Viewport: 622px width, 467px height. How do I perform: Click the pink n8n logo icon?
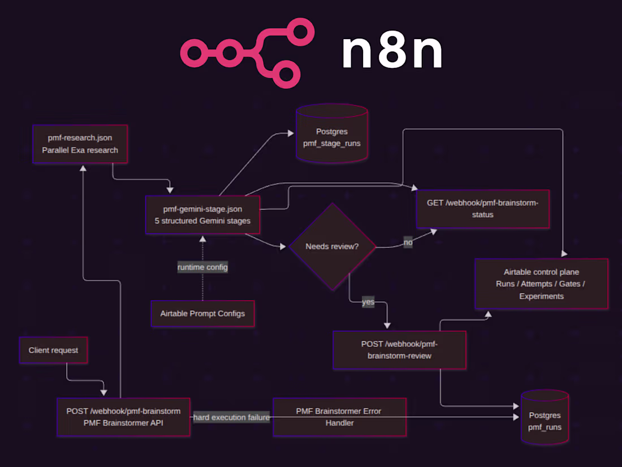(247, 53)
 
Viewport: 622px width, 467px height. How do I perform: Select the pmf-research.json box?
(80, 144)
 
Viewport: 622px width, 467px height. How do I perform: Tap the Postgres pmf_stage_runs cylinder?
(331, 136)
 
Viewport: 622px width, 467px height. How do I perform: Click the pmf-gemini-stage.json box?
(202, 215)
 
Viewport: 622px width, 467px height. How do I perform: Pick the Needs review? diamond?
(332, 246)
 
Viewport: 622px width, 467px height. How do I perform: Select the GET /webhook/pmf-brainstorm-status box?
(482, 209)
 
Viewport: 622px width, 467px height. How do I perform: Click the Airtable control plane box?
(541, 284)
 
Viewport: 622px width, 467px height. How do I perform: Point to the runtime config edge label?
(202, 267)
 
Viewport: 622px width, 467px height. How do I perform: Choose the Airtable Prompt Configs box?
(202, 313)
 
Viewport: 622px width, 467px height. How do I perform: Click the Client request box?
(53, 350)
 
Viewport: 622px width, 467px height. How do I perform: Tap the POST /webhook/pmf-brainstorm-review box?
(399, 350)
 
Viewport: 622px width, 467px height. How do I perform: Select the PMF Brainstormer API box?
(123, 417)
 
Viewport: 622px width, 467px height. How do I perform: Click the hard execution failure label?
(231, 417)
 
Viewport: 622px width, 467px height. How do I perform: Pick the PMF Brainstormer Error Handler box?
(339, 417)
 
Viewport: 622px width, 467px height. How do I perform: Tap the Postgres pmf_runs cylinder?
(545, 420)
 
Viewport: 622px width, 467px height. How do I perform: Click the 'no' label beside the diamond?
(408, 243)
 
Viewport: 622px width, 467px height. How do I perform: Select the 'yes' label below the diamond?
(368, 302)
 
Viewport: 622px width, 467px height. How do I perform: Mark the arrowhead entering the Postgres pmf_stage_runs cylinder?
(291, 134)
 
